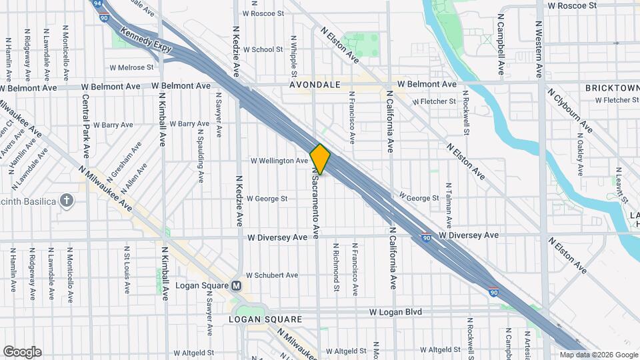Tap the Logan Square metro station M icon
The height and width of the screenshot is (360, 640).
pos(236,286)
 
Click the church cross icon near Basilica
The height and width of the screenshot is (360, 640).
pos(67,200)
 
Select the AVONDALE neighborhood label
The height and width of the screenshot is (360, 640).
pos(315,85)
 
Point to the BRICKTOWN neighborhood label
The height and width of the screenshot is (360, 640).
pos(611,88)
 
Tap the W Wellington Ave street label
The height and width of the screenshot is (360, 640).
pos(279,161)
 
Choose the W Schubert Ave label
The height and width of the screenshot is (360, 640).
pos(271,275)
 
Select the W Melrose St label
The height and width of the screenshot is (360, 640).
pos(131,67)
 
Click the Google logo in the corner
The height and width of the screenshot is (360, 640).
pos(22,352)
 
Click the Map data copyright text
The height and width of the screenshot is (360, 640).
pos(599,355)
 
